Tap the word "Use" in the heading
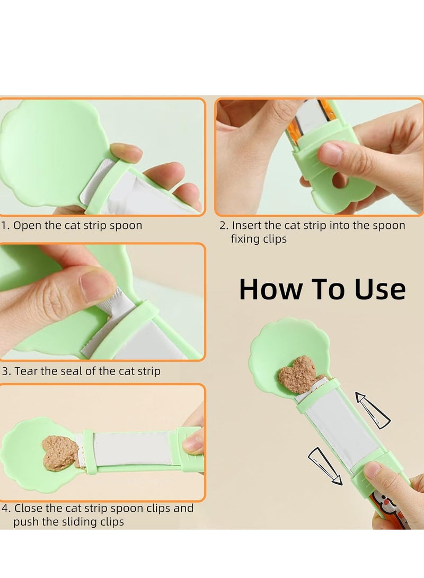tap(377, 289)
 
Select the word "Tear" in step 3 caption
tap(26, 371)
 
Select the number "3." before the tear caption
tap(6, 371)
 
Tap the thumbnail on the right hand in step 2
tap(330, 153)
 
